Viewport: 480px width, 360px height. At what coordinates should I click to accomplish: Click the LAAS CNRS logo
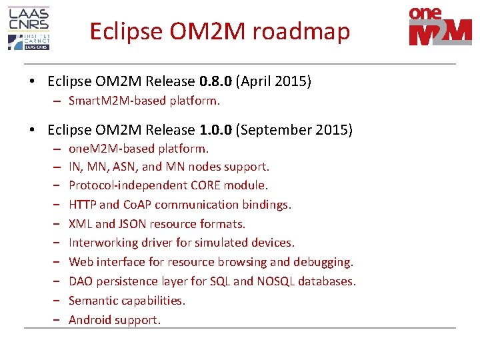point(29,28)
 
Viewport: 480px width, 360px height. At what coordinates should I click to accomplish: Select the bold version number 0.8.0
point(215,81)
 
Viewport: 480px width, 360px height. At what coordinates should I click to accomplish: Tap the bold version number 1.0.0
point(215,129)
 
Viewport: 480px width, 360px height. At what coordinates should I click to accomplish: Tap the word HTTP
point(82,205)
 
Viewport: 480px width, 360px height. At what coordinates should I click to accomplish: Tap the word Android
point(90,320)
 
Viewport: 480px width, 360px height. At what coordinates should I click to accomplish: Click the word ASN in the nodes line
point(126,167)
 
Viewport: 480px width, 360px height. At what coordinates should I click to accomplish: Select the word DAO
point(81,281)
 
